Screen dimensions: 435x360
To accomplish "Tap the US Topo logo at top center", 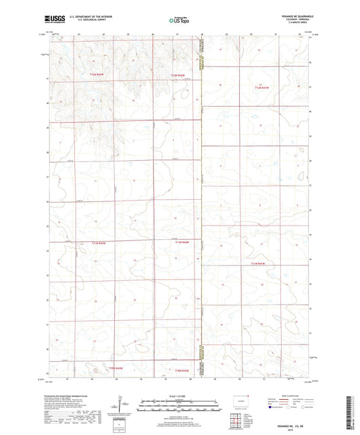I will tap(179, 21).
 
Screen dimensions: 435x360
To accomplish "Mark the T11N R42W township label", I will tap(180, 240).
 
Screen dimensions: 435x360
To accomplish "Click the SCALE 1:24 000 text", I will tap(180, 397).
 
